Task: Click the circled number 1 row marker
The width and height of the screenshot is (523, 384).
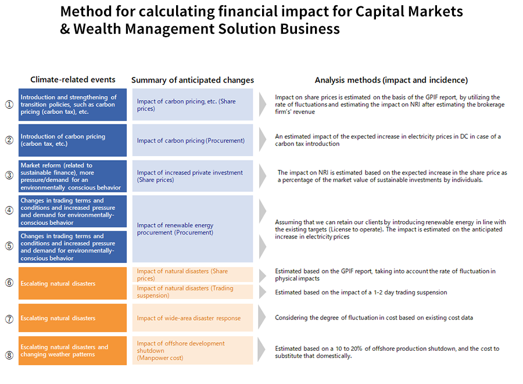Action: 9,105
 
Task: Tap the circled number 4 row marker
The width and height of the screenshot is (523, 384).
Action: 9,211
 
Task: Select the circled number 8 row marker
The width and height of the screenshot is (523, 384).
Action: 9,355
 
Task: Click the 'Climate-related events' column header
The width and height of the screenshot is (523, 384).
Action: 73,80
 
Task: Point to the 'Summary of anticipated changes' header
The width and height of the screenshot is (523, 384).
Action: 192,80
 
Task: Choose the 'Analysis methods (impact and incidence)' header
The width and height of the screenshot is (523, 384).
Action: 391,80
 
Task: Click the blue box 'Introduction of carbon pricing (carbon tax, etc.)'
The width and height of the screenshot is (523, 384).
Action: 73,140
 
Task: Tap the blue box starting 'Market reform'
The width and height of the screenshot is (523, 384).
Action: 73,176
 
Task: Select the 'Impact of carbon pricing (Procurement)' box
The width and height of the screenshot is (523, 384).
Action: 192,140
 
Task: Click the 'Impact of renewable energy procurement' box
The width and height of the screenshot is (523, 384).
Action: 192,229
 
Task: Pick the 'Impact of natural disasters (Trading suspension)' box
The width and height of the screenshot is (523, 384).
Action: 192,292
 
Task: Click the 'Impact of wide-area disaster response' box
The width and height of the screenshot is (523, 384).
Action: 192,318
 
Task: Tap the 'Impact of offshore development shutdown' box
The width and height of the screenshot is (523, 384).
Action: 192,350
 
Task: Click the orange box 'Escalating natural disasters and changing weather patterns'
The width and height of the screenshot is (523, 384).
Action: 73,351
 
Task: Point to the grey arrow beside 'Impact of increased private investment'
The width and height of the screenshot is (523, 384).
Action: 263,176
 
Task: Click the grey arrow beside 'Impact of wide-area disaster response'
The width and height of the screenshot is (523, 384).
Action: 262,318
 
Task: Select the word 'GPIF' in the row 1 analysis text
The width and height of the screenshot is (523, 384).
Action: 433,97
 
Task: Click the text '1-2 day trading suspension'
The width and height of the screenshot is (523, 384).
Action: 410,293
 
